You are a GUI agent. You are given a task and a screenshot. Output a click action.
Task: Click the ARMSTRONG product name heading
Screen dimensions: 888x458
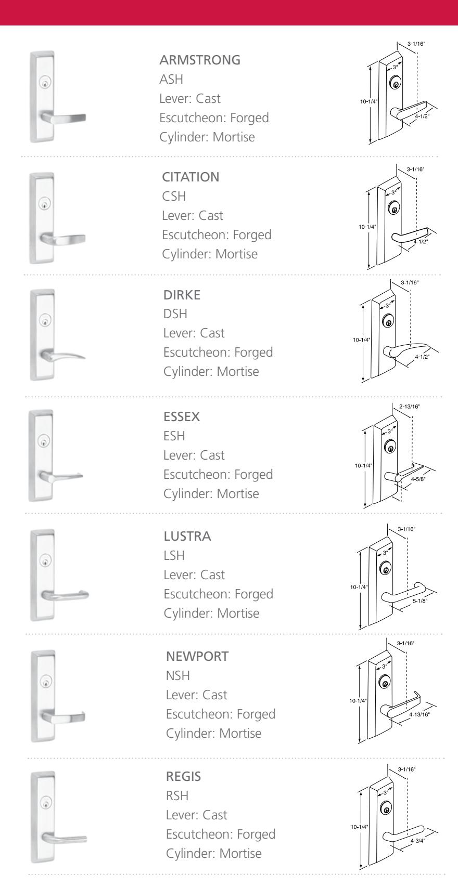pos(200,60)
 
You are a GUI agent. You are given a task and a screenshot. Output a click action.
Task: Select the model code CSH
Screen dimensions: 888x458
pos(174,197)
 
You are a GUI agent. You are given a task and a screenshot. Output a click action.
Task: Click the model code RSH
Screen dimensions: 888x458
pos(177,796)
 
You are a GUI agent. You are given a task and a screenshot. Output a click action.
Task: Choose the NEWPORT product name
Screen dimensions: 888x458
pos(197,657)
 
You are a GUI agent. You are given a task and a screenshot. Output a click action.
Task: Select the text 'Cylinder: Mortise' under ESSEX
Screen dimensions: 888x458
pos(211,493)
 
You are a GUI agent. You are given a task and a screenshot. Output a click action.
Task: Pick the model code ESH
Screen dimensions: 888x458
pos(174,436)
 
